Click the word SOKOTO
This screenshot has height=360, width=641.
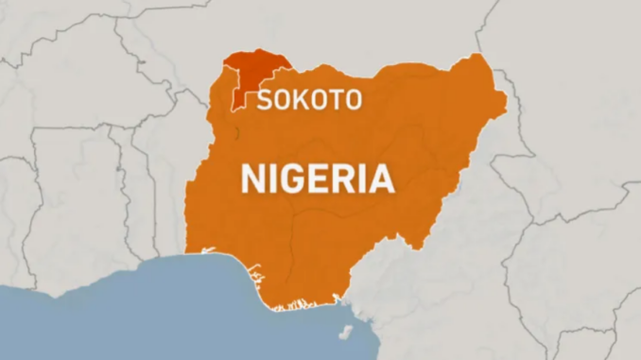tap(308, 99)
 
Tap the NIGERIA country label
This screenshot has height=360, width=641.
tap(317, 178)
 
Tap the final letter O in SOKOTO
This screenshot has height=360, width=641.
tap(352, 99)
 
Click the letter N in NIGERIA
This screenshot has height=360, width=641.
tap(252, 178)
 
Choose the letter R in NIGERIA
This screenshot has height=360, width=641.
tap(346, 178)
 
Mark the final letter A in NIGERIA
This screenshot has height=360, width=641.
tap(381, 178)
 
